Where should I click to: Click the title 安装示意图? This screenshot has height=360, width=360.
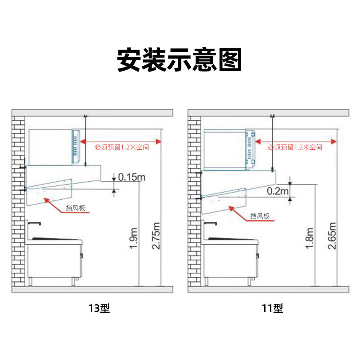[x=179, y=60]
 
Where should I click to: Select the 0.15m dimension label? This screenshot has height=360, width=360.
[x=132, y=177]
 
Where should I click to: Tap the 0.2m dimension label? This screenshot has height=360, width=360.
[x=278, y=191]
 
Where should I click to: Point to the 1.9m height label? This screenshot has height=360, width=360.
[x=134, y=238]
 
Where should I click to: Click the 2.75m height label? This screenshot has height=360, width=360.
[x=156, y=236]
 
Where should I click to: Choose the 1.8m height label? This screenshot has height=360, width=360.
[x=310, y=238]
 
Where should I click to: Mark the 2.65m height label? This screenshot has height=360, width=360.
[x=332, y=236]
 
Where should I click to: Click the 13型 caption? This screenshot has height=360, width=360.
[x=99, y=308]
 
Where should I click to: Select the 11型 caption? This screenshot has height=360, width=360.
[x=273, y=308]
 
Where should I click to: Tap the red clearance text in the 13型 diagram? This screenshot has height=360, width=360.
[x=121, y=147]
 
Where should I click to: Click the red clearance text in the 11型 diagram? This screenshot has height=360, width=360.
[x=295, y=147]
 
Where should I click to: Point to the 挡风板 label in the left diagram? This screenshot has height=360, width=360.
[x=76, y=208]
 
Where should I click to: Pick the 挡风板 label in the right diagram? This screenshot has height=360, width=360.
[x=260, y=216]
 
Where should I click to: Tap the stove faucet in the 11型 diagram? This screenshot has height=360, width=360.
[x=210, y=223]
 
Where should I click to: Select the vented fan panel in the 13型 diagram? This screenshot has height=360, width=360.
[x=76, y=147]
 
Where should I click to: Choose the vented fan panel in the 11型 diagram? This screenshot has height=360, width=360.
[x=250, y=148]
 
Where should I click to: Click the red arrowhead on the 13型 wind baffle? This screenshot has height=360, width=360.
[x=47, y=200]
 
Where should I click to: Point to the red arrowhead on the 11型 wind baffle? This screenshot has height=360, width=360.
[x=232, y=208]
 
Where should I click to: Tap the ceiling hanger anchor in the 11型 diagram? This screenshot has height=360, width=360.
[x=273, y=116]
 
